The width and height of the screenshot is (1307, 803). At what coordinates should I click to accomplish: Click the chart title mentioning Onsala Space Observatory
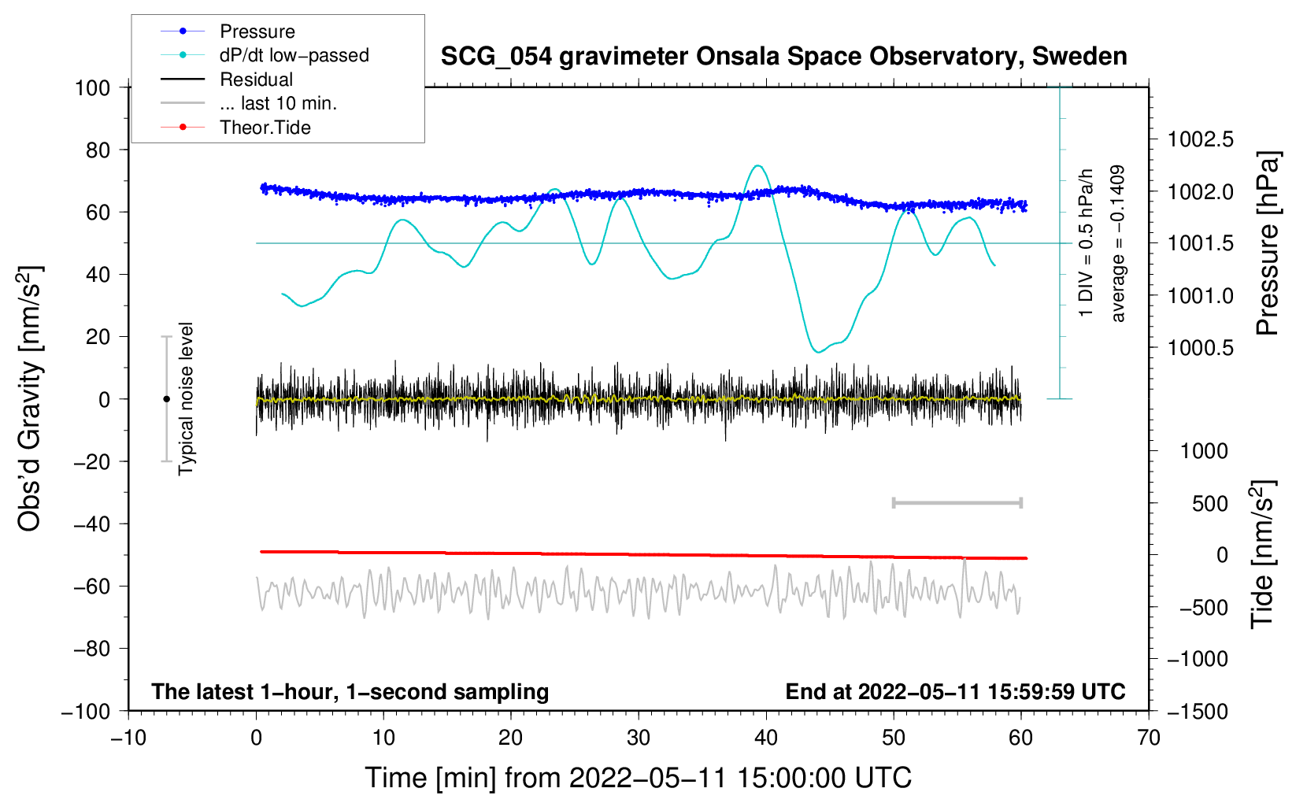(783, 57)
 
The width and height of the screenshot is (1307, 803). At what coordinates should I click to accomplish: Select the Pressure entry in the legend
(257, 31)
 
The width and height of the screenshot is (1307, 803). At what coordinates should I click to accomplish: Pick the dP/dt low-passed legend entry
(294, 56)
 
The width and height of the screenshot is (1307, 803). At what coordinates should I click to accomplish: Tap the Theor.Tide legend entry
(265, 128)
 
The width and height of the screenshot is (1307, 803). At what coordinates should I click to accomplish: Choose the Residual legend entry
(256, 80)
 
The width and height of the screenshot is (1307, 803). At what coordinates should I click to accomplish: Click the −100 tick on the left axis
(86, 711)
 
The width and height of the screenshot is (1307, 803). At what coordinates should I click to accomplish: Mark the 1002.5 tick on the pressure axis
(1201, 139)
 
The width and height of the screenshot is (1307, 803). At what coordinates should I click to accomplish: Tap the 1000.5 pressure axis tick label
(1201, 347)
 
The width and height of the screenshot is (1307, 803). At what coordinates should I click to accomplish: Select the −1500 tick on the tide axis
(1198, 711)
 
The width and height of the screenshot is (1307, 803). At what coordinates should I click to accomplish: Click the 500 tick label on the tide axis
(1209, 503)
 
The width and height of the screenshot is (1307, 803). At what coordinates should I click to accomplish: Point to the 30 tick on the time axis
(639, 738)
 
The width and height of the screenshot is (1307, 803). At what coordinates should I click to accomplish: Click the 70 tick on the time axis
(1149, 738)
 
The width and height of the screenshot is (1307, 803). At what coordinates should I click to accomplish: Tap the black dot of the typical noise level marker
(166, 399)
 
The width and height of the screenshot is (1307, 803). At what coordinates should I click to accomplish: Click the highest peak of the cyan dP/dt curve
(757, 165)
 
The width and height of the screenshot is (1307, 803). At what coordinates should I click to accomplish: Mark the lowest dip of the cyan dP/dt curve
(818, 352)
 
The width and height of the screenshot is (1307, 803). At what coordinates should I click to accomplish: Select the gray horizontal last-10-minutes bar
(957, 502)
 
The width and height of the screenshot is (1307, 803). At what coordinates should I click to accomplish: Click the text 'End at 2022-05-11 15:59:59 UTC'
(955, 691)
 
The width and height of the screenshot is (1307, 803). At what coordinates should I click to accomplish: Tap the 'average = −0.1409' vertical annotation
(1118, 243)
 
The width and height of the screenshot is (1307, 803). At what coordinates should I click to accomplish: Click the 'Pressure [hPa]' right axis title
(1267, 243)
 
